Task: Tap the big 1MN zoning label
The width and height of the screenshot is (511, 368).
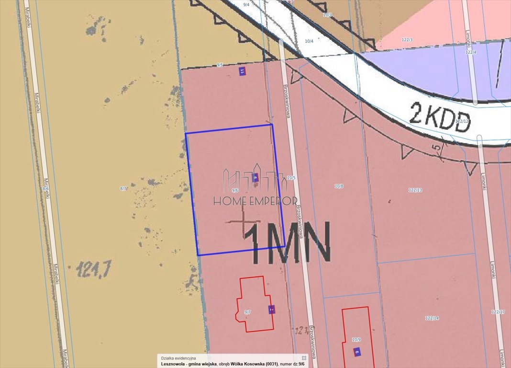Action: tap(288, 243)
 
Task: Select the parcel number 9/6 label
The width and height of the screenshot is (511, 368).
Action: tap(235, 190)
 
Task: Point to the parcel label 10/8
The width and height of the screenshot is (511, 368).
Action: tap(339, 186)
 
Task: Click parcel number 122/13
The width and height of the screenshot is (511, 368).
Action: tap(415, 190)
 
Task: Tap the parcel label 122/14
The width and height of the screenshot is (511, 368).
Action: tap(432, 318)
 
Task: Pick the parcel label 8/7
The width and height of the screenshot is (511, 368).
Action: tap(123, 189)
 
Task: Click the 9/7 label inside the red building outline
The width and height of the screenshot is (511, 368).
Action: tap(247, 312)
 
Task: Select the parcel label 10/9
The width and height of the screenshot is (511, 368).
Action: tap(356, 340)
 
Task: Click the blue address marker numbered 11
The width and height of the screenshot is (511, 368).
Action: tap(242, 71)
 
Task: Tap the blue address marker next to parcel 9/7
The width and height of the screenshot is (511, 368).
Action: tap(271, 310)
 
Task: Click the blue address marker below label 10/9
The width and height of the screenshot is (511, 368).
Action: tap(357, 352)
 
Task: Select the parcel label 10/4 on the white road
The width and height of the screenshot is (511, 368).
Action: tap(309, 41)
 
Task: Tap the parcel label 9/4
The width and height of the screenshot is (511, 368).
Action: tap(246, 4)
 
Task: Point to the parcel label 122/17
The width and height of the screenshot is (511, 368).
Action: tap(498, 312)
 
